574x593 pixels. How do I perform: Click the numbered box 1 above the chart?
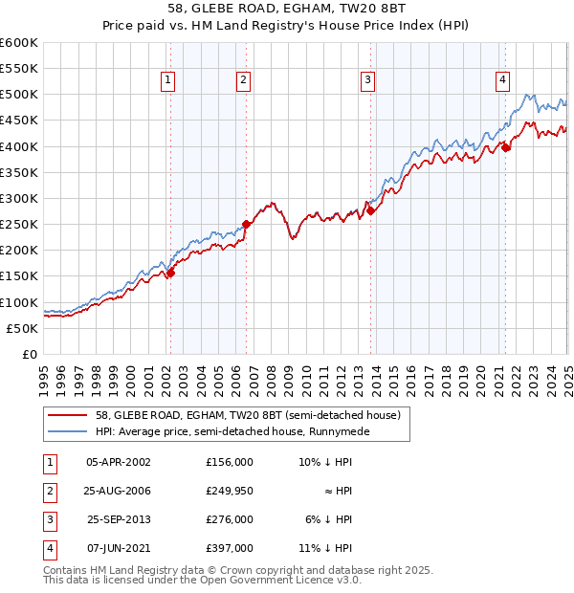168,81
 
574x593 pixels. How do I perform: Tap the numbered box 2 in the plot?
244,81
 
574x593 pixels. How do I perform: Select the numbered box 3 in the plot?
368,81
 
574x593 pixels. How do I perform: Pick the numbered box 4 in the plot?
502,81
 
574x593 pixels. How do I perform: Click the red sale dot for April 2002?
170,273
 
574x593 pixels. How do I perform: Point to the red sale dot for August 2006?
247,224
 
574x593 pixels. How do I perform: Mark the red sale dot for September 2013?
370,211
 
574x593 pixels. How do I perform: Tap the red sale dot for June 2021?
505,147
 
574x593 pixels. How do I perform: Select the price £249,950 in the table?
229,491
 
